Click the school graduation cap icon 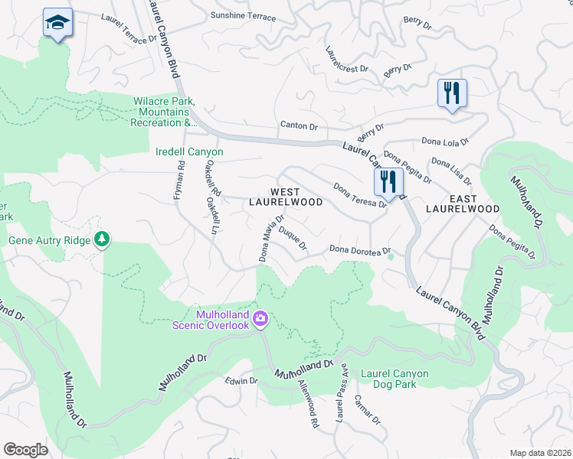(57, 23)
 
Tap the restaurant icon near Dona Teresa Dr (388, 182)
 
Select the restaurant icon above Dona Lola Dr (452, 94)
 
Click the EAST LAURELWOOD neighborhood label (463, 202)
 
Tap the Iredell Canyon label (189, 152)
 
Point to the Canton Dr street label (299, 125)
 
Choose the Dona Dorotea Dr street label (360, 250)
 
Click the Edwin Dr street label (241, 380)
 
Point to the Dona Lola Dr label (445, 142)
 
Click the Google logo (25, 449)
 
